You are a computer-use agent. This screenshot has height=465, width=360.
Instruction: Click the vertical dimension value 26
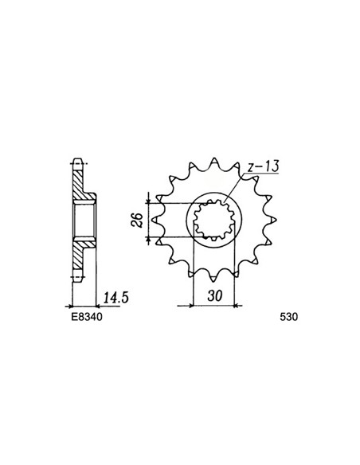click(x=138, y=220)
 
